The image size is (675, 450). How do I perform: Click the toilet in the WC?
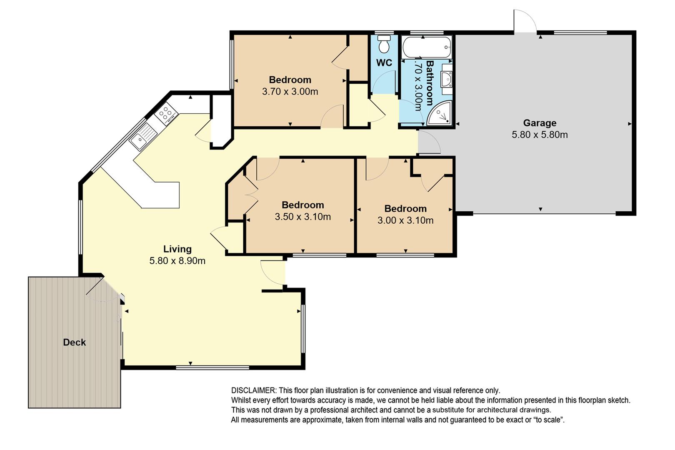pos(384,44)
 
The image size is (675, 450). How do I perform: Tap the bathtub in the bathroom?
pos(427,47)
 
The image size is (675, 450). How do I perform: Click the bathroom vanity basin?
pos(447,79)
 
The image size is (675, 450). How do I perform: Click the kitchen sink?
pos(143,137)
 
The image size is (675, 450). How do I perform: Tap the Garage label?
pos(540,123)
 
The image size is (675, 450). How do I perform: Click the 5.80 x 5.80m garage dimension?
pos(540,135)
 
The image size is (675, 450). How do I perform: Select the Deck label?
pos(75,342)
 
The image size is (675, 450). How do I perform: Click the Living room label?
pos(177,249)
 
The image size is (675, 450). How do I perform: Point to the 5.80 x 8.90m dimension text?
pos(177,260)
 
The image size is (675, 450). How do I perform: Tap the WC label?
pos(384,62)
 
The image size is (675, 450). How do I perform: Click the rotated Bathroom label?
pos(430,83)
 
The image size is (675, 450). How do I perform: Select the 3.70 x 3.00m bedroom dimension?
pos(290,91)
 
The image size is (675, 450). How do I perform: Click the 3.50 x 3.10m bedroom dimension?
pos(303,217)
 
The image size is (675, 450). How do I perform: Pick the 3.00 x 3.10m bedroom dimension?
pos(405,220)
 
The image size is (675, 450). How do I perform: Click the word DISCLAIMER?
pos(253,390)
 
